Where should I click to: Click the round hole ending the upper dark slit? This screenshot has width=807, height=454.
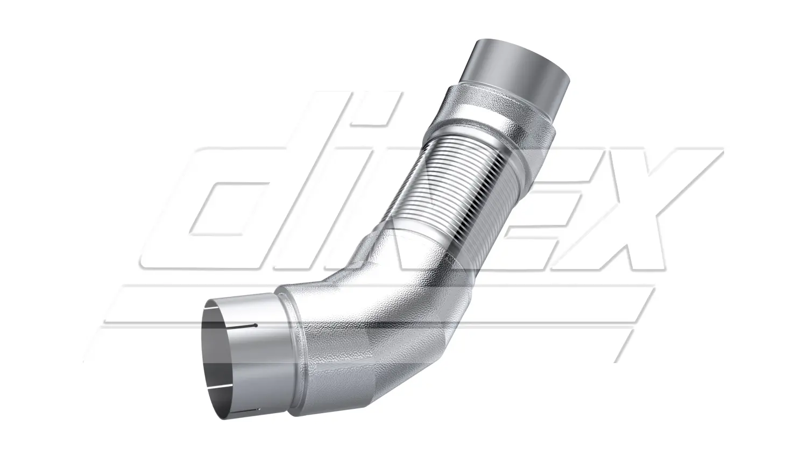[256, 326]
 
